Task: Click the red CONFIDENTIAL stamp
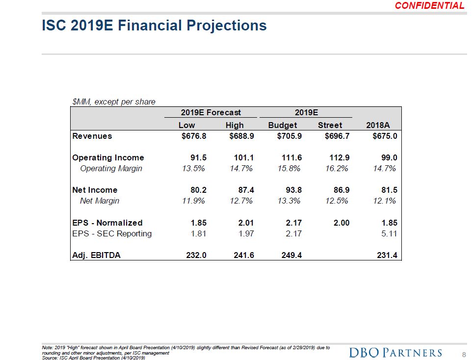pos(429,6)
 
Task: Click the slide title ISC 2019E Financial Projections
pos(154,26)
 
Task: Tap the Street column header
pos(330,125)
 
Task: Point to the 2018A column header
pos(378,125)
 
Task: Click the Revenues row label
pos(92,136)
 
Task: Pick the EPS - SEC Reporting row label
pos(112,233)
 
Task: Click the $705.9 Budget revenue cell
pos(286,136)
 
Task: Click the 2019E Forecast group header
pos(211,113)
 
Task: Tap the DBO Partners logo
pos(395,353)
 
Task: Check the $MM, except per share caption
pos(113,102)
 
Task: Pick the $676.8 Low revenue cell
pos(191,136)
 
